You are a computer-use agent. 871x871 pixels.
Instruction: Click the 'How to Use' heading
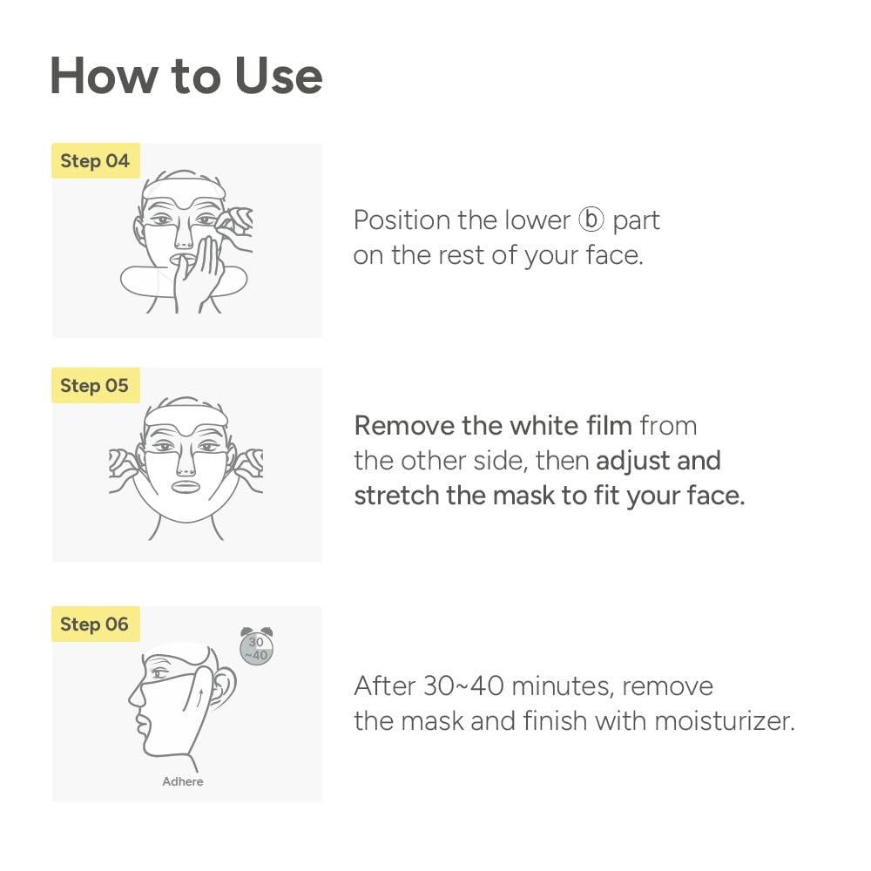pyautogui.click(x=186, y=76)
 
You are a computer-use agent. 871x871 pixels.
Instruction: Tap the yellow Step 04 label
pyautogui.click(x=95, y=161)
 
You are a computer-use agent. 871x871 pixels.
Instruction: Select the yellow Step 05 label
pyautogui.click(x=95, y=385)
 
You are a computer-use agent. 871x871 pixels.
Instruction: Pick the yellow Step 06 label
pyautogui.click(x=95, y=625)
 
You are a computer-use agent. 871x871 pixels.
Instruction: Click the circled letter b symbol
pyautogui.click(x=591, y=220)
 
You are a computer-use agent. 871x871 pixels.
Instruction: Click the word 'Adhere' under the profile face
pyautogui.click(x=183, y=781)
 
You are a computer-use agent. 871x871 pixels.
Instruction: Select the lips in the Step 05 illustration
pyautogui.click(x=187, y=486)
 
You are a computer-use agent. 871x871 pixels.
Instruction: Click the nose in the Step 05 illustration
pyautogui.click(x=186, y=459)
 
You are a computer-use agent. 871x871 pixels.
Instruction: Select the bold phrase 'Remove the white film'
pyautogui.click(x=493, y=426)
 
